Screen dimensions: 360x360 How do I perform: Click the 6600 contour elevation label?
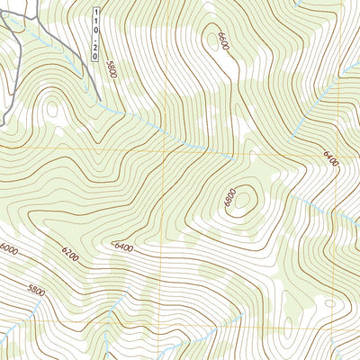220,41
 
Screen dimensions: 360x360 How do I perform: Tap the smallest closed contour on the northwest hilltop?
51,110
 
